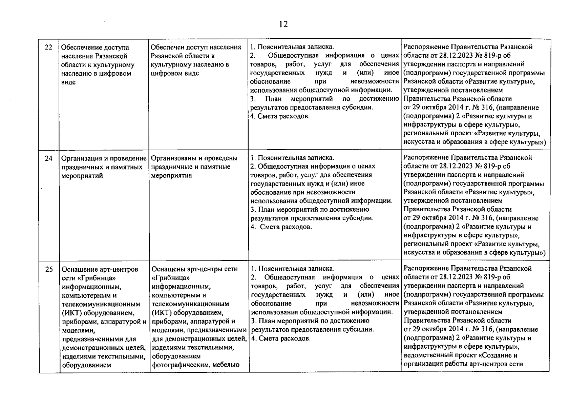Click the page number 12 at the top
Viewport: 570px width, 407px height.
point(283,24)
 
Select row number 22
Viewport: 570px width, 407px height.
point(49,47)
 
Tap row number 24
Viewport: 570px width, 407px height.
point(49,158)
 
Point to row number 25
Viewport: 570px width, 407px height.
point(49,269)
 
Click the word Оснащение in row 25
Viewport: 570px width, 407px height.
point(78,269)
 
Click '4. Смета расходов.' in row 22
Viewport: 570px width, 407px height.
point(280,116)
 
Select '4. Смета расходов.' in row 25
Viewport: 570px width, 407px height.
point(280,338)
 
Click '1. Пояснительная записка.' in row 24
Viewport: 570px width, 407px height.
point(292,158)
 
